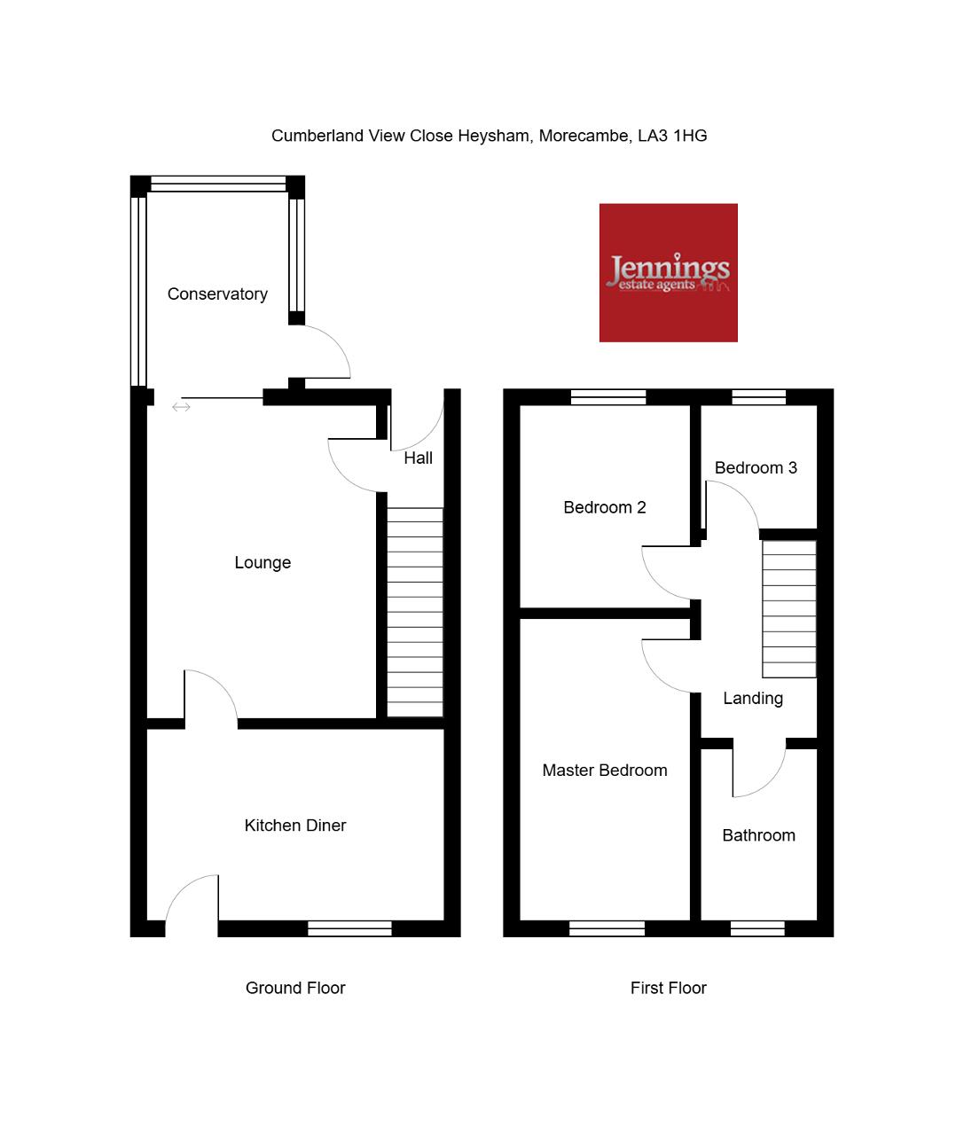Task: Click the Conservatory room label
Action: click(217, 294)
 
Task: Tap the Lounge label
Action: click(263, 563)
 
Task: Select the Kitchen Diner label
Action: click(295, 826)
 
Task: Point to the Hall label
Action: click(418, 458)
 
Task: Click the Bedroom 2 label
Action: click(605, 507)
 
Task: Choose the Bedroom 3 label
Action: click(756, 468)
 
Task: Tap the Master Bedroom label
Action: click(605, 771)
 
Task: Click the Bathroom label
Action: click(758, 836)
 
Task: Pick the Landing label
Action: click(753, 699)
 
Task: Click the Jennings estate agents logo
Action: click(669, 273)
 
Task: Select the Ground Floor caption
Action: click(295, 988)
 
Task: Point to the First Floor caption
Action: click(669, 988)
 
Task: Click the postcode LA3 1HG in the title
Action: click(672, 136)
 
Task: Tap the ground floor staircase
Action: click(415, 612)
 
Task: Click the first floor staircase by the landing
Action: click(788, 609)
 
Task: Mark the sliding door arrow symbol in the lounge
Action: click(181, 407)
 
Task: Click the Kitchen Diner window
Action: click(349, 928)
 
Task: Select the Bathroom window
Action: click(757, 928)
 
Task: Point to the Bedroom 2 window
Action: click(608, 397)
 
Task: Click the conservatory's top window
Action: click(218, 184)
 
